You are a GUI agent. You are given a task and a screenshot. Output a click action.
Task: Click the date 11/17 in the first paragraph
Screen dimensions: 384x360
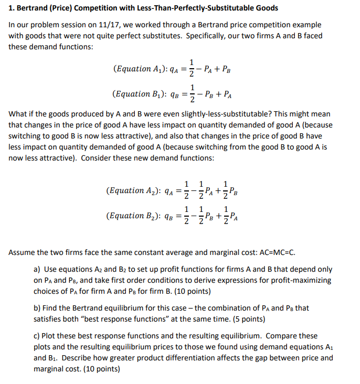[126, 25]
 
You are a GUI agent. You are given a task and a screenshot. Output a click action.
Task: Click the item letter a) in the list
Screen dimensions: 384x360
[37, 269]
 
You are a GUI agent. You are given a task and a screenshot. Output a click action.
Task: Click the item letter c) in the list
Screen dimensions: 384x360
[37, 335]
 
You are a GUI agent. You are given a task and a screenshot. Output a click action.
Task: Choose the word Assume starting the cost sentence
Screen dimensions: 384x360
[23, 252]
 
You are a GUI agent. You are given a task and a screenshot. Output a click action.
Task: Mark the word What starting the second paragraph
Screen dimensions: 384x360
[18, 114]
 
